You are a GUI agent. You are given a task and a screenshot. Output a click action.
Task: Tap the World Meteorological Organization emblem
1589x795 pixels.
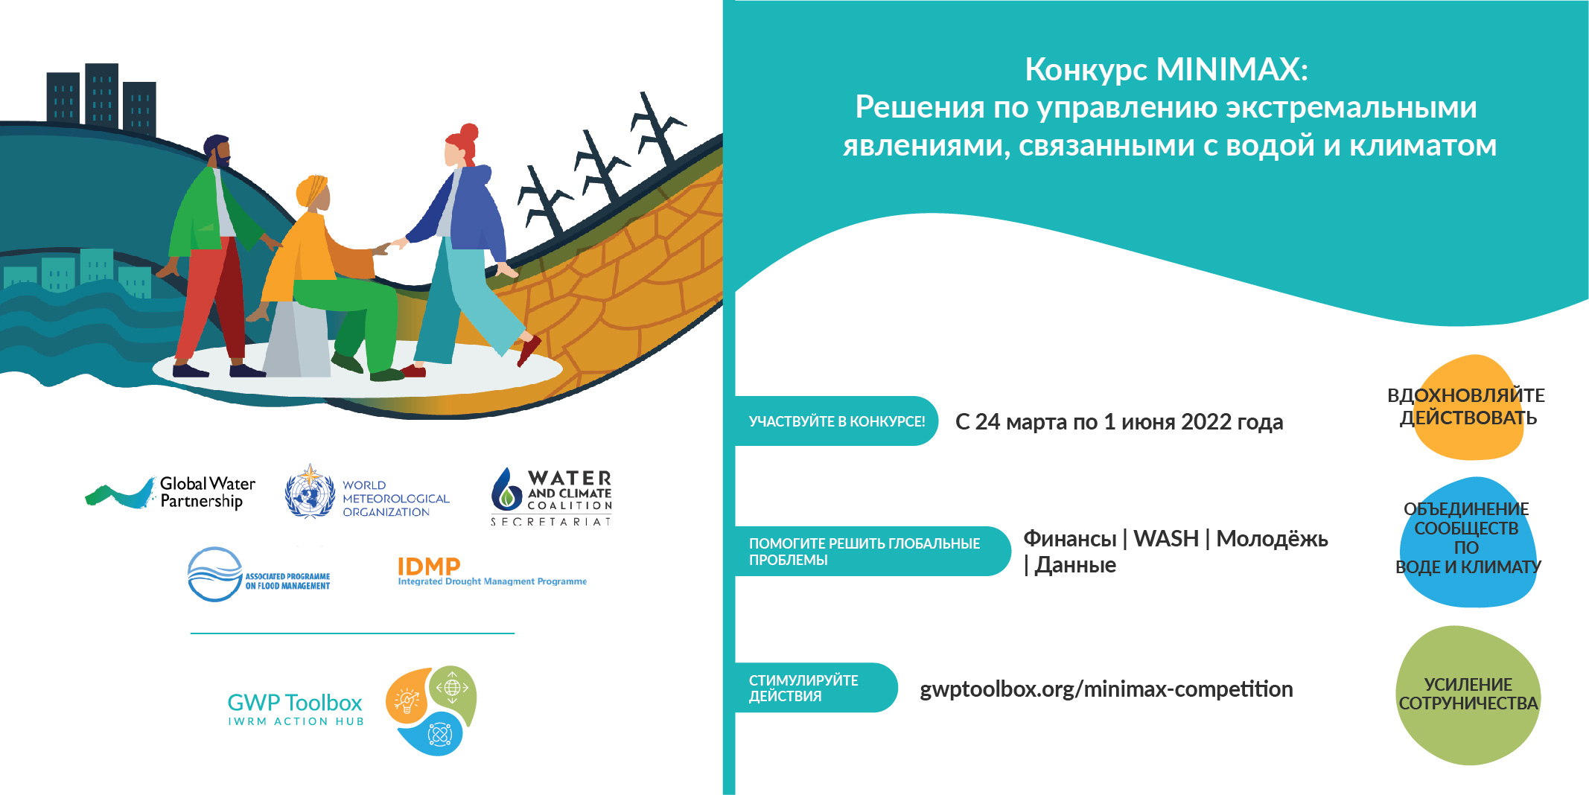pyautogui.click(x=310, y=491)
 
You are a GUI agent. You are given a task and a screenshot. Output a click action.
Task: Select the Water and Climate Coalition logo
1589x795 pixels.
pyautogui.click(x=551, y=497)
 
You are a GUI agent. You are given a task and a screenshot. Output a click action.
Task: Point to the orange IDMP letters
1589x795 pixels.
pyautogui.click(x=429, y=566)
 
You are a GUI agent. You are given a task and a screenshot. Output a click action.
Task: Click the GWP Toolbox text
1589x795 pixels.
pyautogui.click(x=295, y=703)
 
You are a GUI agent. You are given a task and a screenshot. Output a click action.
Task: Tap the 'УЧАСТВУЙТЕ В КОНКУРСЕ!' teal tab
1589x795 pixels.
pyautogui.click(x=836, y=421)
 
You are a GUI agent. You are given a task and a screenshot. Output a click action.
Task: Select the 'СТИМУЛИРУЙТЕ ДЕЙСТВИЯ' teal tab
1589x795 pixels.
pyautogui.click(x=816, y=688)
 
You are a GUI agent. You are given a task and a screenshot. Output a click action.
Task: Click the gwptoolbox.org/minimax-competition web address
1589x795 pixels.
pyautogui.click(x=1106, y=689)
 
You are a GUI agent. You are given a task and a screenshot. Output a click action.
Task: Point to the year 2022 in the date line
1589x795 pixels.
pyautogui.click(x=1206, y=422)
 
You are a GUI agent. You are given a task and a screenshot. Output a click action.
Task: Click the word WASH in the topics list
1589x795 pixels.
pyautogui.click(x=1166, y=538)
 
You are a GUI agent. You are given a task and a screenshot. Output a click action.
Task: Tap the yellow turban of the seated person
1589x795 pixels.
pyautogui.click(x=312, y=191)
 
